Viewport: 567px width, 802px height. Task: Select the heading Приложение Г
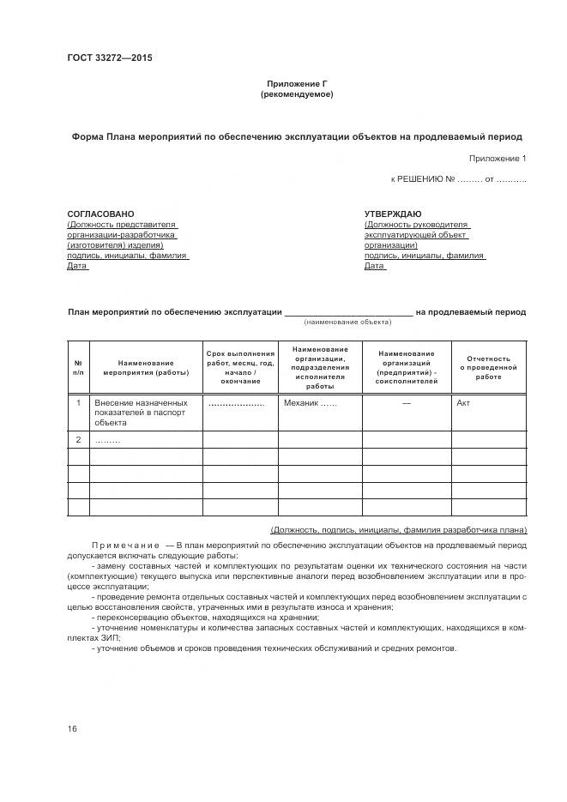(x=297, y=84)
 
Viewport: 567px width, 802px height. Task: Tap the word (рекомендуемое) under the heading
(x=297, y=94)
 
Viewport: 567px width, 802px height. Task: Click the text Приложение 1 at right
(x=498, y=159)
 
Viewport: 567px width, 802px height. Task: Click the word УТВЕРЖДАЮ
(x=392, y=214)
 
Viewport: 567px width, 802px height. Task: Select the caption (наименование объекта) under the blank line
(x=347, y=322)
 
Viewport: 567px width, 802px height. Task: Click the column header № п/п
(x=78, y=367)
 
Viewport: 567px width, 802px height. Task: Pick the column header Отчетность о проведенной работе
(x=489, y=367)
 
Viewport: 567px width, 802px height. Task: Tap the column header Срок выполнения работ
(x=240, y=367)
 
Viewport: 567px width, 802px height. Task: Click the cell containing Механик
(x=309, y=402)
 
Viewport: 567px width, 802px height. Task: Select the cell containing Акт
(x=463, y=402)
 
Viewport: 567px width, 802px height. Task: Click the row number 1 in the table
(x=78, y=402)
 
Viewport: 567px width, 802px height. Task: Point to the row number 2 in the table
(x=78, y=440)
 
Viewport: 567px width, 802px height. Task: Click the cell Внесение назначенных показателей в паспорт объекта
(x=141, y=412)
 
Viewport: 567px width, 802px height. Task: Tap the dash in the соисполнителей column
(x=407, y=402)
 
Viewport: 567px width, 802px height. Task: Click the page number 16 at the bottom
(x=72, y=729)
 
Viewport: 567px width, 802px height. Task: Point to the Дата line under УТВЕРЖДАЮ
(x=374, y=266)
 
